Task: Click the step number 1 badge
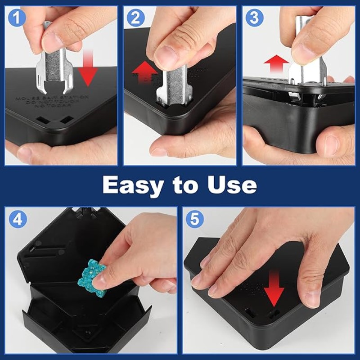17,18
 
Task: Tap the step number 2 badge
136,18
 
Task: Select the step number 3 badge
255,18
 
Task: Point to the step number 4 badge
18,219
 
